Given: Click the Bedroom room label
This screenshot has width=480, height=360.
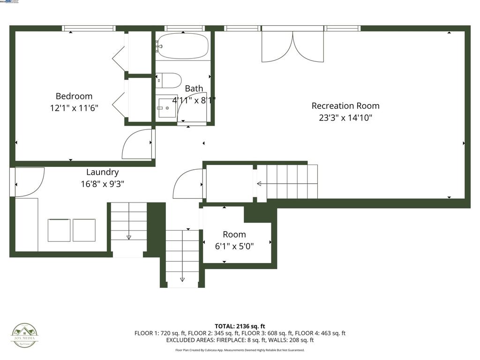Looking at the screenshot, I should pyautogui.click(x=74, y=96).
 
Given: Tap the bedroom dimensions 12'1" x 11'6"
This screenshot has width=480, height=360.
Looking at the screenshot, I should pyautogui.click(x=74, y=108).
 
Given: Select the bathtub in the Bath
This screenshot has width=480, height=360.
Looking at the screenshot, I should pyautogui.click(x=182, y=46).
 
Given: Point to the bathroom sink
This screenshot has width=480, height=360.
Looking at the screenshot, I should pyautogui.click(x=166, y=108).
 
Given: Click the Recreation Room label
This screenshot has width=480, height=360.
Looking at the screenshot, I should pyautogui.click(x=345, y=105).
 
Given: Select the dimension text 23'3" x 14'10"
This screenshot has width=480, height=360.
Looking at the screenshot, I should pyautogui.click(x=345, y=118).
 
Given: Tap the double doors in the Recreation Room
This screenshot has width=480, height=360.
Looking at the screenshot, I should pyautogui.click(x=292, y=46).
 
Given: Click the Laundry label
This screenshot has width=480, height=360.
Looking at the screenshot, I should pyautogui.click(x=102, y=172).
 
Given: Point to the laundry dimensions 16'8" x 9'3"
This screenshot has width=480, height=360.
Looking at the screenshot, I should pyautogui.click(x=102, y=184).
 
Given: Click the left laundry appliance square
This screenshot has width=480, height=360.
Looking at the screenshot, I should pyautogui.click(x=59, y=230).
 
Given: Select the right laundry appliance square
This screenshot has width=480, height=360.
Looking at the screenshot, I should pyautogui.click(x=84, y=230).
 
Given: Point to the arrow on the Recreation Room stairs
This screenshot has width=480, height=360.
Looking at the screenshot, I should pyautogui.click(x=259, y=184).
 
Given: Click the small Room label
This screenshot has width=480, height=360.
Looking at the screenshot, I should pyautogui.click(x=234, y=234).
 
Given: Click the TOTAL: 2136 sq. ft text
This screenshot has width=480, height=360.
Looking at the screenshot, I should pyautogui.click(x=240, y=326).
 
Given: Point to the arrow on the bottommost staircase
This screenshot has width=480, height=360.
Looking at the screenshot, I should pyautogui.click(x=182, y=279).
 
